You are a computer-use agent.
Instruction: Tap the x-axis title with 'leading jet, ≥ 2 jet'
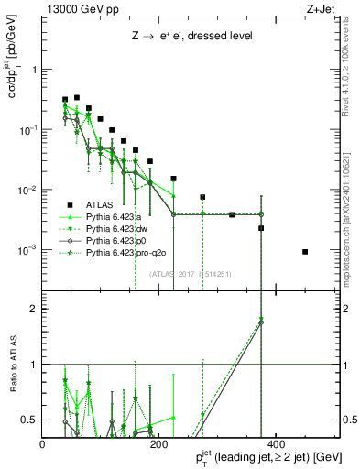268,456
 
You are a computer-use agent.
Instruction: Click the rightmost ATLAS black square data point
305,252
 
